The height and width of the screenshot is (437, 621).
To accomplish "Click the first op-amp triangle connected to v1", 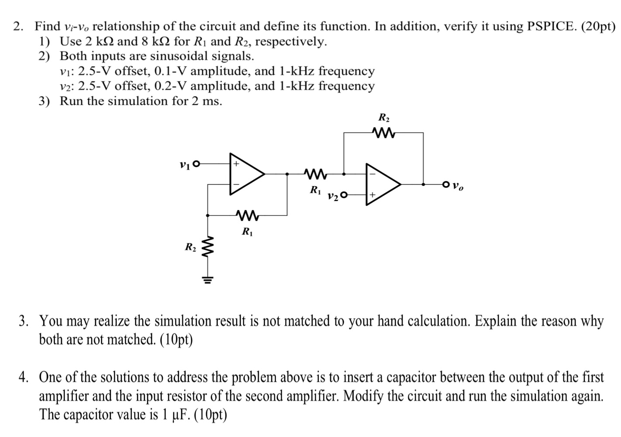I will [x=246, y=174].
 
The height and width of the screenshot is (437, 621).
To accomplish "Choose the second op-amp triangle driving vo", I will [x=382, y=184].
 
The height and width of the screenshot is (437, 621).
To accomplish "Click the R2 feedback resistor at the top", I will [x=383, y=132].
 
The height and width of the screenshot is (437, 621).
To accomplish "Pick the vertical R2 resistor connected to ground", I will [x=208, y=248].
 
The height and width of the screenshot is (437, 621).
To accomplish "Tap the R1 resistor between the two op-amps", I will [x=315, y=174].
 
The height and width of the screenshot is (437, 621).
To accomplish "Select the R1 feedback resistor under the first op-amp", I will [x=247, y=215].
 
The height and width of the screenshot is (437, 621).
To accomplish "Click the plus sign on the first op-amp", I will [x=236, y=165].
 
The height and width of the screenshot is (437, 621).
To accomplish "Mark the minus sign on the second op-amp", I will [x=372, y=174].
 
